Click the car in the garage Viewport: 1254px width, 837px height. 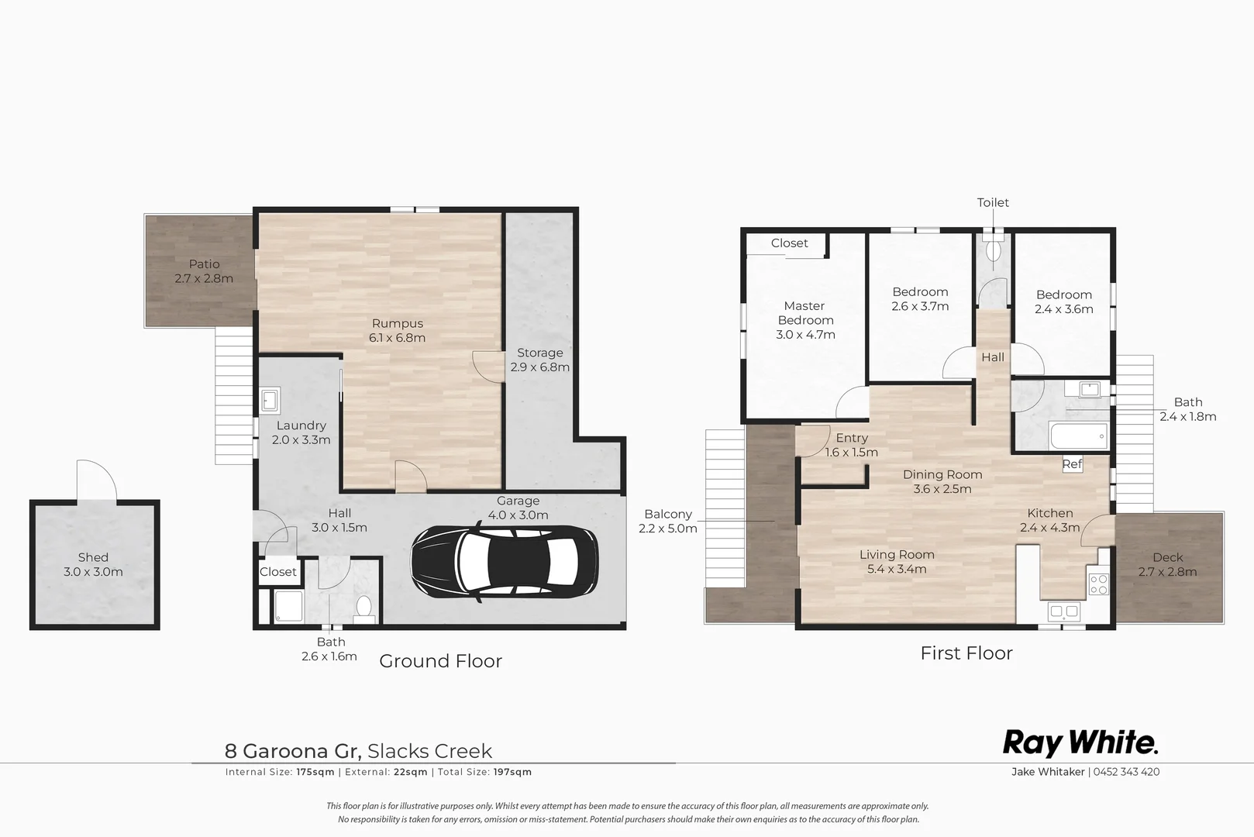pos(504,563)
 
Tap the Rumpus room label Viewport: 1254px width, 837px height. pos(397,324)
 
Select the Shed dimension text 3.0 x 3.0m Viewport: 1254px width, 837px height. pos(93,572)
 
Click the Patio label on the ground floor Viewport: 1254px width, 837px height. pos(204,264)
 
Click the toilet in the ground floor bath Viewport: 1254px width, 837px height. pos(363,607)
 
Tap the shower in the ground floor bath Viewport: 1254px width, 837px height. pos(289,607)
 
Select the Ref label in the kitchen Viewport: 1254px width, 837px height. pos(1072,464)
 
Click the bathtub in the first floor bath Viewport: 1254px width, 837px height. pos(1079,436)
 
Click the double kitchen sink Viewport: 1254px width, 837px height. pos(1063,611)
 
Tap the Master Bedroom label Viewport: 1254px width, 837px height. pos(805,313)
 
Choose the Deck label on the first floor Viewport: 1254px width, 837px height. pos(1167,557)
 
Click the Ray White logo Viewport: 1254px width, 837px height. pos(1080,742)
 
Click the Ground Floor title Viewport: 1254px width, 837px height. pos(440,661)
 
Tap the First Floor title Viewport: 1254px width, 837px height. pos(966,653)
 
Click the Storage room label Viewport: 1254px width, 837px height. pos(539,353)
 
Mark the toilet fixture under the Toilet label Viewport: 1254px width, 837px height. pos(993,250)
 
